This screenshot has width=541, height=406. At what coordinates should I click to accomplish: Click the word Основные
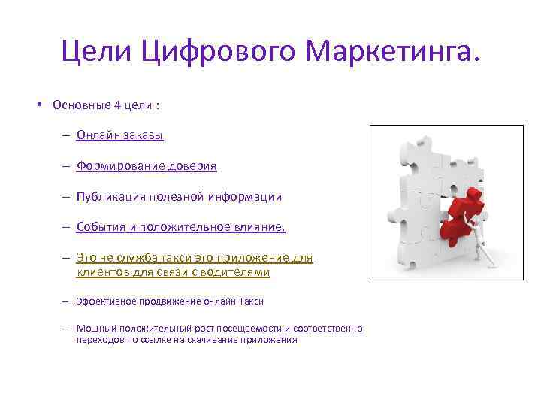[81, 105]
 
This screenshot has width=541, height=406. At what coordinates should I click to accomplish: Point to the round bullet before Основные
[38, 105]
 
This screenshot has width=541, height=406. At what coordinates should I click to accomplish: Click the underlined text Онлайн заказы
[119, 135]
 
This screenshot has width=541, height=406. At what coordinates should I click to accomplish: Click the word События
[97, 227]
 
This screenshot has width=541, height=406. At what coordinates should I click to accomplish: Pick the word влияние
[257, 227]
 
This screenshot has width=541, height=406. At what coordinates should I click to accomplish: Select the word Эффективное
[104, 301]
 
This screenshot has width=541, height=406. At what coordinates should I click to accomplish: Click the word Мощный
[92, 329]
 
